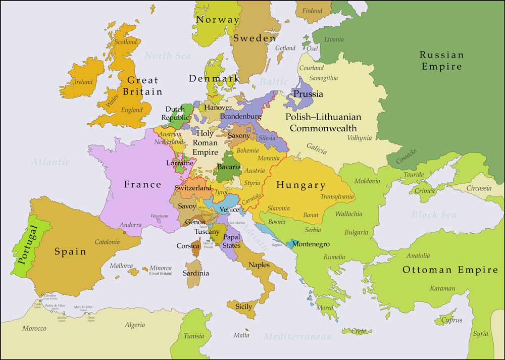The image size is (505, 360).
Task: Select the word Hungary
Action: (301, 185)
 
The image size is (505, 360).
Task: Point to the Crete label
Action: (359, 331)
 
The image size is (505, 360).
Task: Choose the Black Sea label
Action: (433, 215)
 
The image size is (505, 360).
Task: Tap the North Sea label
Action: (168, 56)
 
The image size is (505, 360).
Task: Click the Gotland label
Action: (285, 48)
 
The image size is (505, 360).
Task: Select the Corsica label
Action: (188, 246)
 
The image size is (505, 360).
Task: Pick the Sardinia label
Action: (196, 273)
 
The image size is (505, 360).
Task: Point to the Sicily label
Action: (243, 306)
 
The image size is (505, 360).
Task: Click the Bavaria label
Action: (229, 167)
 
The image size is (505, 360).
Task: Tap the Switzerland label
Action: (193, 188)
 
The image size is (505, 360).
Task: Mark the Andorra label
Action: (131, 225)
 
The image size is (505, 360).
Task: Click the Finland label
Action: (312, 11)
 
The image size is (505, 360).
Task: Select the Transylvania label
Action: (337, 197)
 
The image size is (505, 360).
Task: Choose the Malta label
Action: (241, 335)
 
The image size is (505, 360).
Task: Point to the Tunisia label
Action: (194, 336)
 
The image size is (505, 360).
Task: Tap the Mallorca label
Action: (122, 266)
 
